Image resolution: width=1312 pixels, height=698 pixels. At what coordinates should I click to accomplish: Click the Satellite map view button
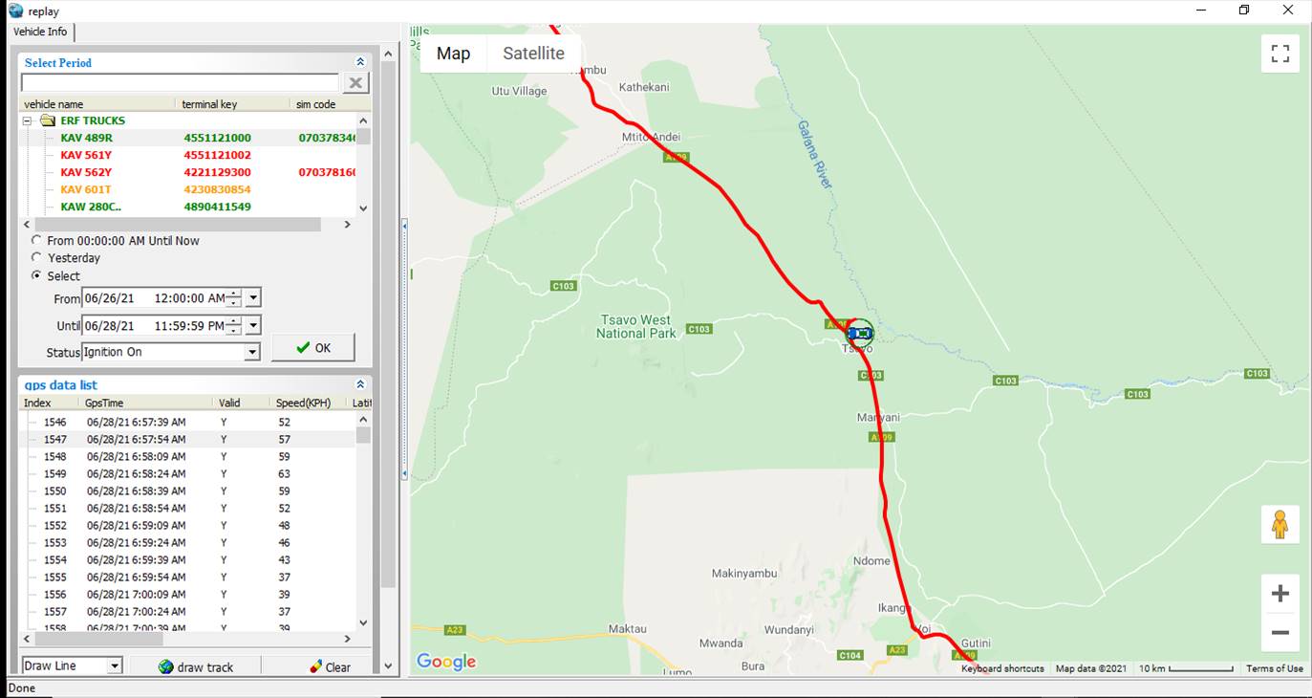[x=533, y=54]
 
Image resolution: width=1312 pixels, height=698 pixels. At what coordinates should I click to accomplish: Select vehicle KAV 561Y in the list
[x=86, y=155]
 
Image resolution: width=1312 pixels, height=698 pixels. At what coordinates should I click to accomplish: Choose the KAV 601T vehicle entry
[x=86, y=189]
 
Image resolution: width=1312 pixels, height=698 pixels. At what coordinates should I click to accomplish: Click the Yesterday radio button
[x=37, y=258]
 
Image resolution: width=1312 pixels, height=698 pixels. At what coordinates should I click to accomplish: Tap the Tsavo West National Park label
[x=635, y=327]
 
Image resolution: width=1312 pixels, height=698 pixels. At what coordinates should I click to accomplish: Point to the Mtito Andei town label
[x=651, y=137]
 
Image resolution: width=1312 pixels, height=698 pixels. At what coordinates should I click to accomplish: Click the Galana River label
[x=815, y=154]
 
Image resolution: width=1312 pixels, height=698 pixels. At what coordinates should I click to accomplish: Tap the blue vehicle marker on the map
[x=860, y=333]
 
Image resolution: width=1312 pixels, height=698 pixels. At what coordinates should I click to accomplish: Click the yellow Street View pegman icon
[x=1280, y=524]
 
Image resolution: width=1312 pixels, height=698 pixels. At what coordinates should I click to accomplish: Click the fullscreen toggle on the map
[x=1280, y=54]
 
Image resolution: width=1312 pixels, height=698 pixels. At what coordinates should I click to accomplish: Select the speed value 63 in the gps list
[x=284, y=474]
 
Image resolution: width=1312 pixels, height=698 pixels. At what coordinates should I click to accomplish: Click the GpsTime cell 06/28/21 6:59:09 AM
[x=136, y=526]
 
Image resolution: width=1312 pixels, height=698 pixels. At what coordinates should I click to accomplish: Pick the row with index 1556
[x=55, y=595]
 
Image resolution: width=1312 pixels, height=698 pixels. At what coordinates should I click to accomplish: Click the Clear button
[x=331, y=667]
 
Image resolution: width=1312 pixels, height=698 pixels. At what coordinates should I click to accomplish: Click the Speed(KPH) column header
[x=303, y=404]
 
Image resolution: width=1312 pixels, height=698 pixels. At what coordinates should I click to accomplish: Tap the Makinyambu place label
[x=744, y=574]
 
